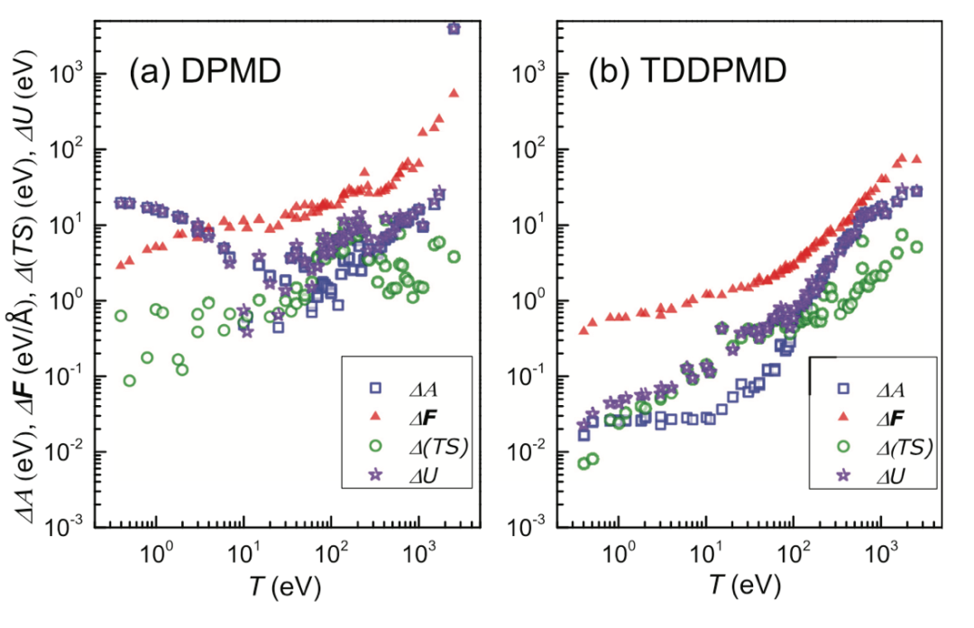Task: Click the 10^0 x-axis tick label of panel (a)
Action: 157,549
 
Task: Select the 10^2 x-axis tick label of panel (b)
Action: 794,549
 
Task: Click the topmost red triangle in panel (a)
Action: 454,93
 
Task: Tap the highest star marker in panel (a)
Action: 454,29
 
